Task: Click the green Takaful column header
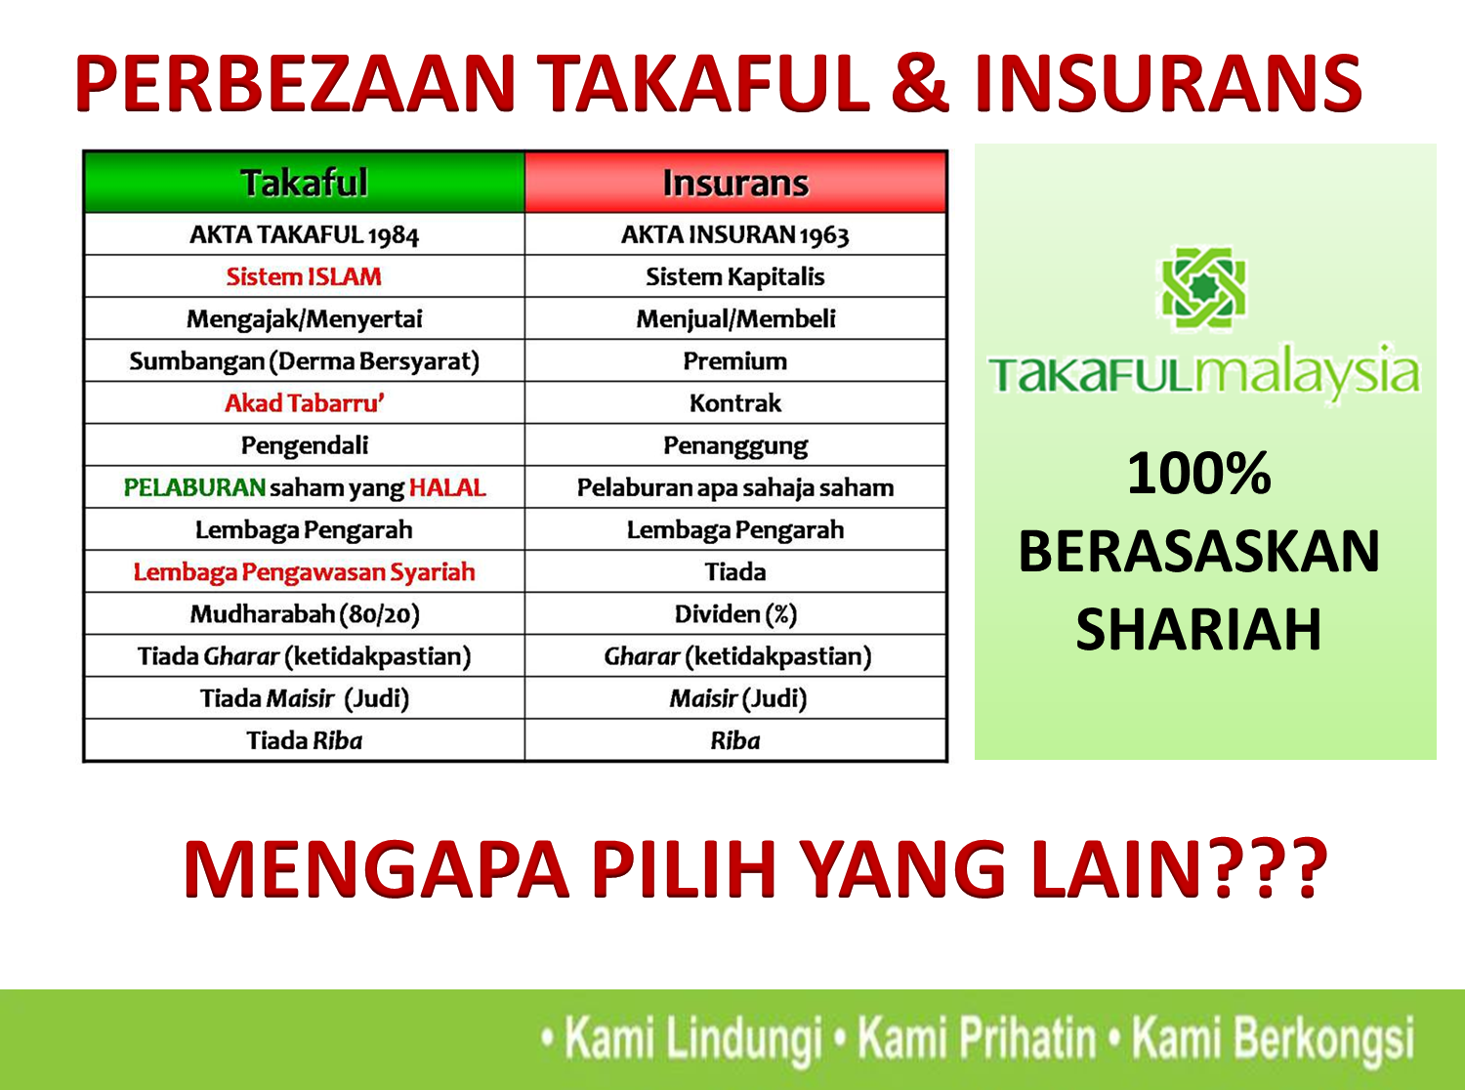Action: coord(304,183)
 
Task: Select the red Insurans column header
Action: coord(735,183)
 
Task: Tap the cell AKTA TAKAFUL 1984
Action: coord(304,235)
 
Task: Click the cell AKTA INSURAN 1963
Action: coord(735,235)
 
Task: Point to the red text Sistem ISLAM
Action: coord(304,277)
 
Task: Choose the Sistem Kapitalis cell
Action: coord(735,277)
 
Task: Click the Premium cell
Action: coord(735,361)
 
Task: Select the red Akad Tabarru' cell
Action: coord(304,403)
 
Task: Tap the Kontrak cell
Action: coord(735,403)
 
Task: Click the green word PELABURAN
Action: coord(194,487)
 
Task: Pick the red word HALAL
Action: coord(447,487)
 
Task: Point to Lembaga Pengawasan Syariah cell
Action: coord(304,572)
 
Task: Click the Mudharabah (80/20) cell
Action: coord(304,614)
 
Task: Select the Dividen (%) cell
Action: coord(735,614)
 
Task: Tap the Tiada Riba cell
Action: coord(304,740)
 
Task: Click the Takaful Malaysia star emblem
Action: coord(1201,288)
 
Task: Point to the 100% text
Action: coord(1199,474)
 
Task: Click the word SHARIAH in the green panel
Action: coord(1199,630)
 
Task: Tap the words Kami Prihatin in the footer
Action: coord(977,1038)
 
